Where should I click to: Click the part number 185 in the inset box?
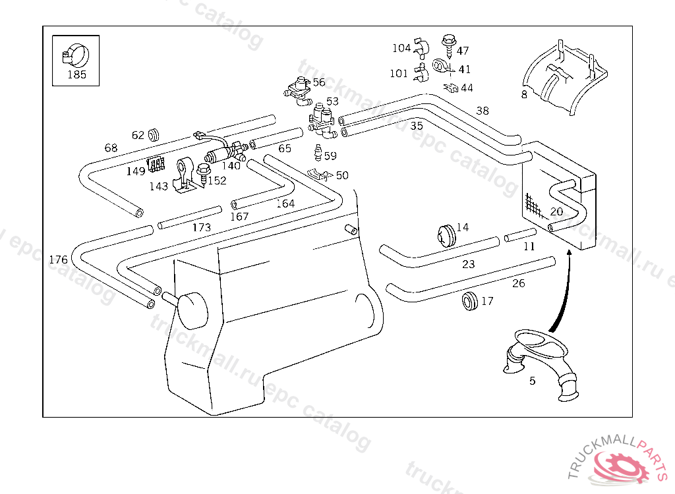tap(76, 74)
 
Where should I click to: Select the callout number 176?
tap(58, 260)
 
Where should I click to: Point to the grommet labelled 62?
tap(154, 134)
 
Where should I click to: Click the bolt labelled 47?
tap(450, 41)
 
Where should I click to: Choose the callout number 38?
tap(483, 111)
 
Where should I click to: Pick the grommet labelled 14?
tap(446, 234)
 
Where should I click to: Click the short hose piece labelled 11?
tap(520, 234)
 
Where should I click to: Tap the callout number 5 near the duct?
tap(532, 381)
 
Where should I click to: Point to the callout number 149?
tap(136, 171)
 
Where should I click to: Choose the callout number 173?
tap(202, 227)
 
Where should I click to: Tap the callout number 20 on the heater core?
tap(556, 211)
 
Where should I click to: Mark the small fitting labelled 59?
tap(318, 154)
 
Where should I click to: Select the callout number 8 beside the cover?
tap(524, 94)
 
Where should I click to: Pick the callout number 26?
tap(519, 283)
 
